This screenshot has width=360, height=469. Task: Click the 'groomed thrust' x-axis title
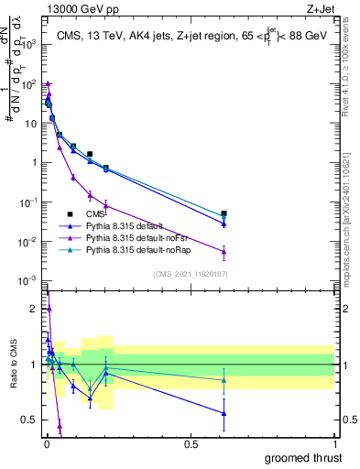(x=305, y=457)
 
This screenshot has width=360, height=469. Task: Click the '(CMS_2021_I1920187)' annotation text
(x=189, y=274)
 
